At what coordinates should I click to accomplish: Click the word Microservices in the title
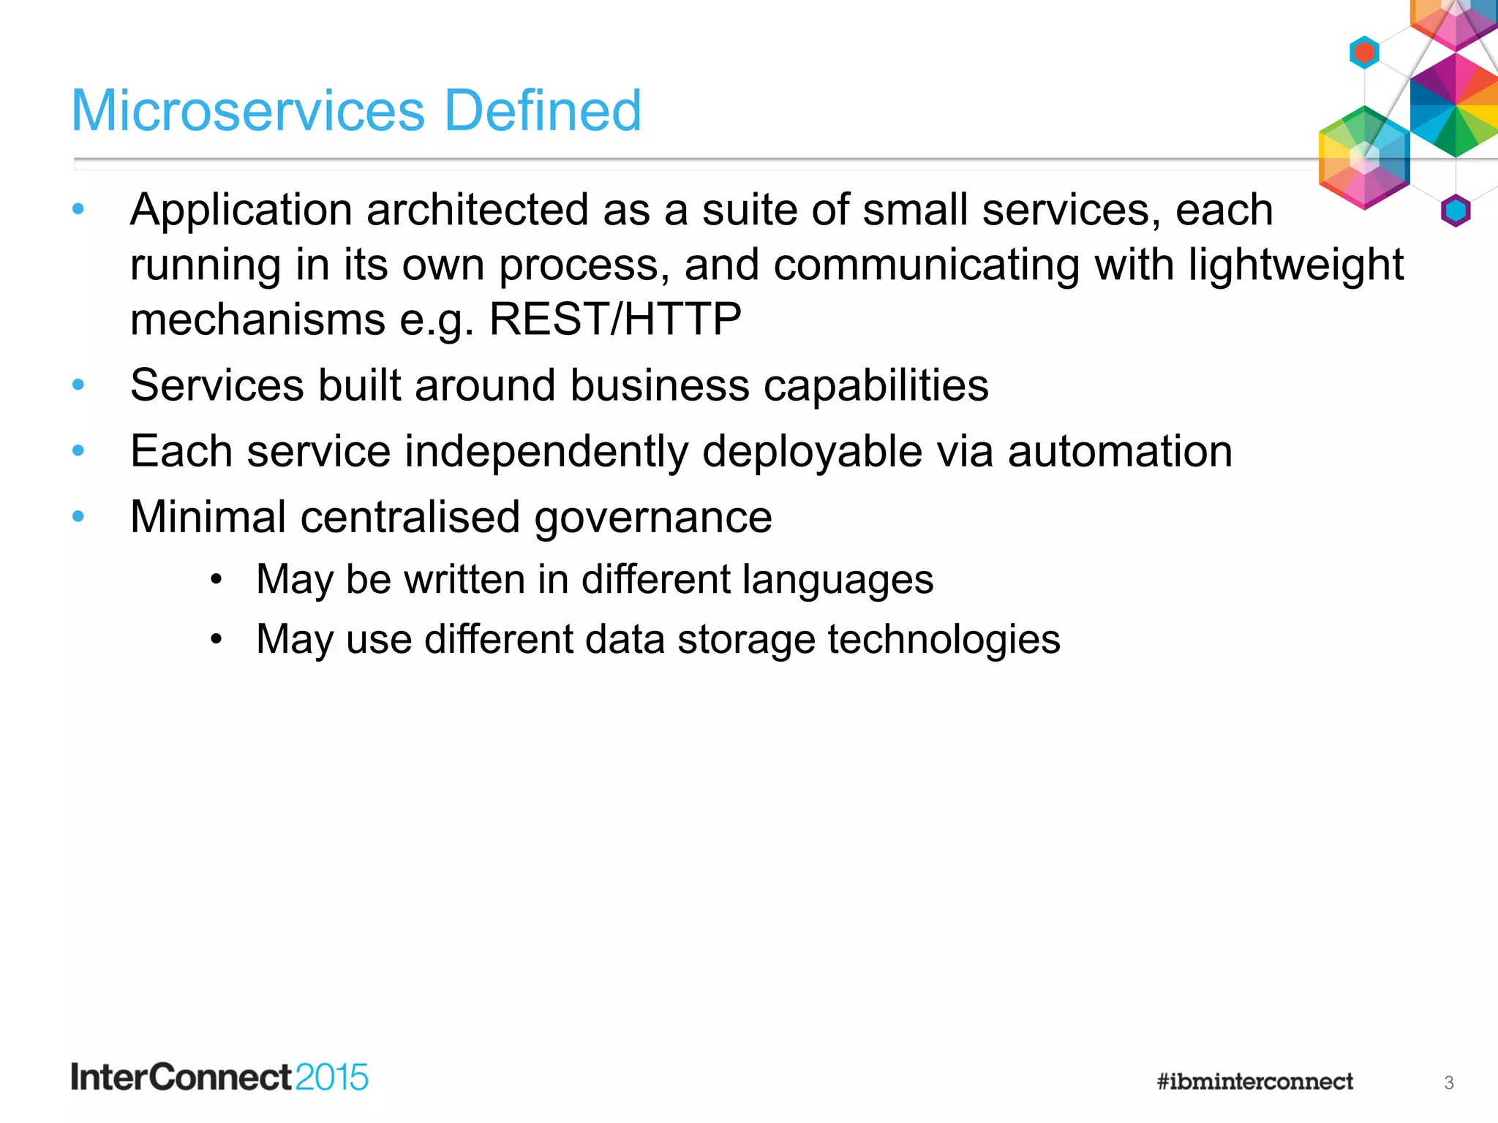pos(248,111)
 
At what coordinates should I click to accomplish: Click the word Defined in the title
pos(543,111)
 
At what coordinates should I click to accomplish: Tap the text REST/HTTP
pos(614,319)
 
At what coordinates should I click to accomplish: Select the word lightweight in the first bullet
pos(1295,265)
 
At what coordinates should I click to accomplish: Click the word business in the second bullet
pos(660,385)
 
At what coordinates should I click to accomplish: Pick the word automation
pos(1120,451)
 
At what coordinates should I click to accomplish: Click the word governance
pos(652,518)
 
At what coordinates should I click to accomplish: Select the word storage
pos(745,640)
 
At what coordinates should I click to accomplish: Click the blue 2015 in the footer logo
pos(331,1078)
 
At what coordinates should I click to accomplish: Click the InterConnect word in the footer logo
pos(181,1078)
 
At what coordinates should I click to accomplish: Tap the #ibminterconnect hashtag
pos(1254,1081)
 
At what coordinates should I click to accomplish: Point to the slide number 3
pos(1448,1083)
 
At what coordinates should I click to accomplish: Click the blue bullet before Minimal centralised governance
pos(78,517)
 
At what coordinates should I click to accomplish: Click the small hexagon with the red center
pos(1364,53)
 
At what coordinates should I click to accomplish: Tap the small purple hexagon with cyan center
pos(1456,211)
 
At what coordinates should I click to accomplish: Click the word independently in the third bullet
pos(546,451)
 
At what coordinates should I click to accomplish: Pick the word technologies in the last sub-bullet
pos(944,640)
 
